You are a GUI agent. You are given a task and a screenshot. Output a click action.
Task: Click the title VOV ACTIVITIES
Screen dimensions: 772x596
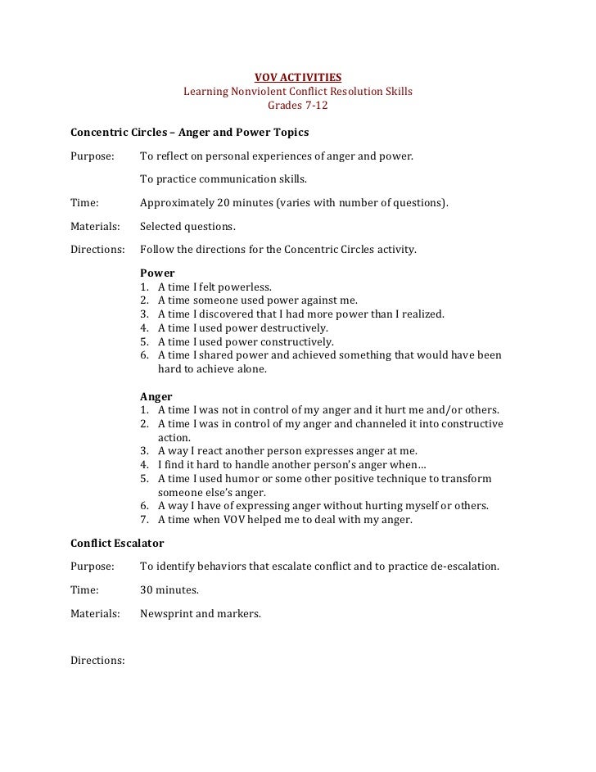point(298,78)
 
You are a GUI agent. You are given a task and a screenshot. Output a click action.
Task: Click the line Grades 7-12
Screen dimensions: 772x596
point(298,106)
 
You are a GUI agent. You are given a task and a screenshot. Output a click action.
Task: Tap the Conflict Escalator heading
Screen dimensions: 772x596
point(118,543)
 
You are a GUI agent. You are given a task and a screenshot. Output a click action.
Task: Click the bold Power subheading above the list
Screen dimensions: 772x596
point(157,273)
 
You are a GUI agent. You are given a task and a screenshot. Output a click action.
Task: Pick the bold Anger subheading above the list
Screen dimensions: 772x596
point(156,395)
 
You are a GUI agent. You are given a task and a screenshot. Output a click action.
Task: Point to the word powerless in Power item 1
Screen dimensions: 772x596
point(246,287)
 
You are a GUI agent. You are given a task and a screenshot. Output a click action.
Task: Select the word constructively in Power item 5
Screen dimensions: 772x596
point(296,341)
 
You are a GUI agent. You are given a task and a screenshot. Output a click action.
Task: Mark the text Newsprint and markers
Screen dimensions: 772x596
point(201,612)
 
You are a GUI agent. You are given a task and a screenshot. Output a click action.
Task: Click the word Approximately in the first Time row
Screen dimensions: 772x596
point(178,202)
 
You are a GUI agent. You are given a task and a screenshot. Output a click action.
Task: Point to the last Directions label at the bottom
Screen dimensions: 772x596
point(97,659)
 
